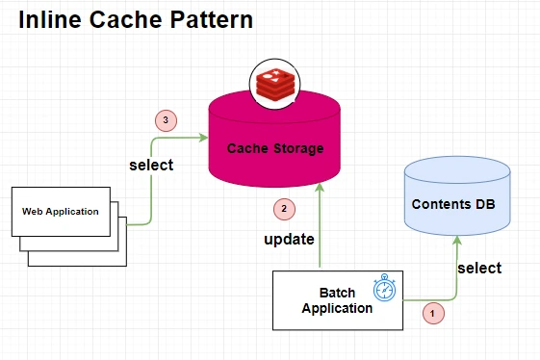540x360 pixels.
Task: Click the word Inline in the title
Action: coord(50,19)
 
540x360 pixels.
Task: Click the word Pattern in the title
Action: coord(212,19)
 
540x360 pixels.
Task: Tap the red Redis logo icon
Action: coord(275,85)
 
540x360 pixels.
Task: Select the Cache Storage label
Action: coord(275,148)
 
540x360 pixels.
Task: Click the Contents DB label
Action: coord(453,204)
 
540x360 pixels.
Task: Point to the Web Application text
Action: coord(61,211)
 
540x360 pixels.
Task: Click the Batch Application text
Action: coord(337,300)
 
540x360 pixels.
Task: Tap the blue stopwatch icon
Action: coord(384,288)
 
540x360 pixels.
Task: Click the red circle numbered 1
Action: coord(433,314)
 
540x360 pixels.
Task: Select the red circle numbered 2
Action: coord(284,209)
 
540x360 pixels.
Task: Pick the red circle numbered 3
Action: coord(166,120)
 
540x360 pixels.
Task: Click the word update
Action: coord(289,239)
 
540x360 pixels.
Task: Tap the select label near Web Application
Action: coord(151,165)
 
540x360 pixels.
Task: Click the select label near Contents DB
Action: coord(479,268)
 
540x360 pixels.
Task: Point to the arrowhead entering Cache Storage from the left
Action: coord(204,138)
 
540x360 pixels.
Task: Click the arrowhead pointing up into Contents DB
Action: coord(457,240)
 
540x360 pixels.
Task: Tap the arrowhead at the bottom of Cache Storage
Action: coord(320,187)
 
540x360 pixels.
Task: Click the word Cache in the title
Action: coord(126,19)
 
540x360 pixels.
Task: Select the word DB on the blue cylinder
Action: coord(485,204)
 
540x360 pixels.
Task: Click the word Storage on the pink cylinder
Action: coord(298,148)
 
